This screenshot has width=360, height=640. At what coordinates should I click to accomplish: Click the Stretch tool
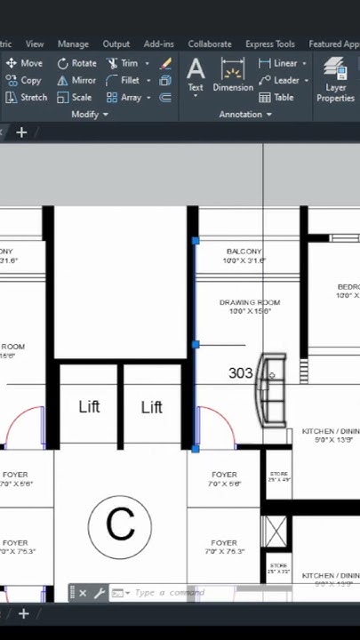26,97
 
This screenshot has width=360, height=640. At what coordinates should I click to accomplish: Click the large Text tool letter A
196,68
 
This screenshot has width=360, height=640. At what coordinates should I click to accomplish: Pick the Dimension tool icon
233,70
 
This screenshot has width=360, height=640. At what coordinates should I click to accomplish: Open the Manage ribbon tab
73,44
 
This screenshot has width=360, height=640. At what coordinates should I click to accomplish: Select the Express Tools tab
270,44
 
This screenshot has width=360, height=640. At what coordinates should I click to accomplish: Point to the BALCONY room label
244,252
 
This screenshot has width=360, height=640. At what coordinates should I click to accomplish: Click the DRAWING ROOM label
250,302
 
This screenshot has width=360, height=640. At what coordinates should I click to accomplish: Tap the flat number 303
241,372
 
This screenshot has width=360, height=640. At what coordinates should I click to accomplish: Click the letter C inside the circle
120,524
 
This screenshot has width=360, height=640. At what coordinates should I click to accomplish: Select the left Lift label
89,406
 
